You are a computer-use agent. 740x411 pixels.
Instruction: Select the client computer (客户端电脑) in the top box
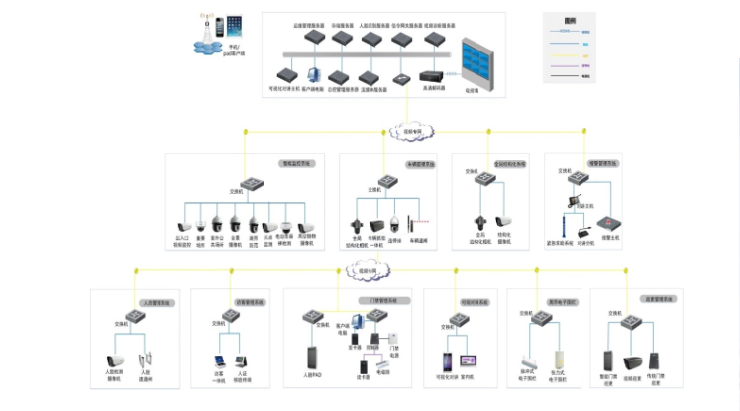(x=315, y=74)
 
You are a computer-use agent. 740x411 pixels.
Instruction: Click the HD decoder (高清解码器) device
(x=431, y=76)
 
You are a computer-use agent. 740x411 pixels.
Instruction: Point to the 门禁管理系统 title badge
(x=376, y=300)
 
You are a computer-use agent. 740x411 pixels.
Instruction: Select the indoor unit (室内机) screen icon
(x=467, y=359)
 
